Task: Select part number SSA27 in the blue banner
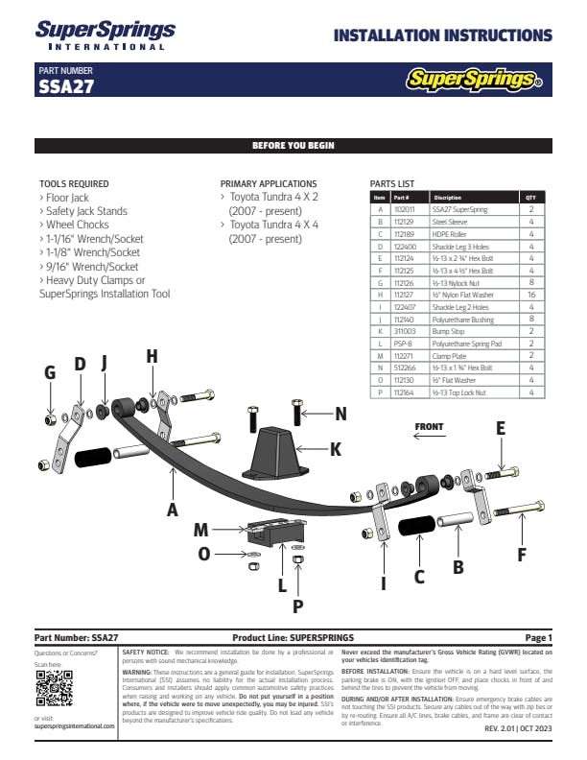[65, 86]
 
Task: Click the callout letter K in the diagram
[335, 448]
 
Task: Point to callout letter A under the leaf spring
[173, 511]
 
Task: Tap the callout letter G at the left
[50, 373]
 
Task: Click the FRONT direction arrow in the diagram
[429, 434]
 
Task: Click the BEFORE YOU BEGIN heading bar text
[293, 146]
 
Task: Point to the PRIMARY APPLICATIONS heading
[269, 183]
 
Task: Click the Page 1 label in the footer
[538, 637]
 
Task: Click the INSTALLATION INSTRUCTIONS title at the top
[442, 36]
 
